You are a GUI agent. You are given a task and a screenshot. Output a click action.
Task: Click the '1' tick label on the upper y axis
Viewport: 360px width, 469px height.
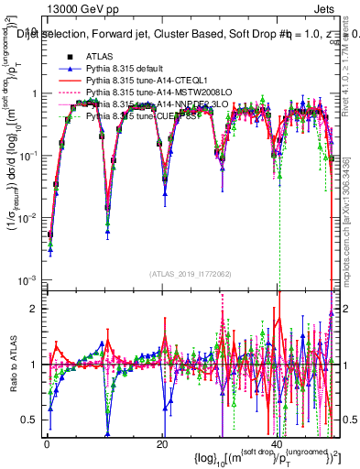click(x=34, y=93)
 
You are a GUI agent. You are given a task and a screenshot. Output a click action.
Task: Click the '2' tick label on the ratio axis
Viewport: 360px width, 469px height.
click(x=34, y=308)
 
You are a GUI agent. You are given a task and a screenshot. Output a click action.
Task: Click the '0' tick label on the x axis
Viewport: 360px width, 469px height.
click(x=46, y=443)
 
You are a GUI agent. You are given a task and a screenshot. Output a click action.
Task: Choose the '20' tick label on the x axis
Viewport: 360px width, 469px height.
click(x=161, y=443)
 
